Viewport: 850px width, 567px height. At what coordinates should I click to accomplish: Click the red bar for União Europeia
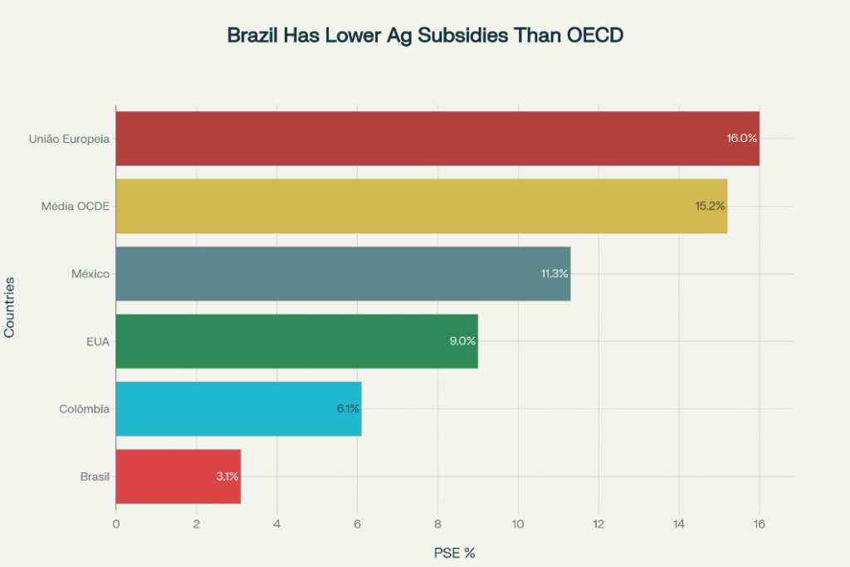pos(415,139)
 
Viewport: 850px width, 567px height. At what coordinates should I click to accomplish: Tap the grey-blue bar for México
pos(332,274)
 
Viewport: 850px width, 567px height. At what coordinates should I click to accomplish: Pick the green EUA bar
pos(291,341)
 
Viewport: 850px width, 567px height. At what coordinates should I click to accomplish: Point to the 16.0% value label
pos(741,139)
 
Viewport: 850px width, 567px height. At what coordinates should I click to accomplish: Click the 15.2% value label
pos(710,206)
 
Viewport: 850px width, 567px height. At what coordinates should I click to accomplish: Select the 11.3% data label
pos(554,274)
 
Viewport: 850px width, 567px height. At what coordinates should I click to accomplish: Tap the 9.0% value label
pos(462,341)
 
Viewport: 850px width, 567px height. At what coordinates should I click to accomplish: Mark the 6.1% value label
pos(347,408)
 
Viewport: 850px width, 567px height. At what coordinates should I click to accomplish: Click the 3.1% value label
pos(227,477)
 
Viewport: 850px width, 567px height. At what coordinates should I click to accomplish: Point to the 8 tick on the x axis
pos(437,524)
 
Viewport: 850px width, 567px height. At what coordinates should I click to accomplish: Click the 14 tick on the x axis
pos(679,524)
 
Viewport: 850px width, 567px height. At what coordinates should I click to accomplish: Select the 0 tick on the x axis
pos(116,524)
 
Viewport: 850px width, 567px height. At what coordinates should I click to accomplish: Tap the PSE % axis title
pos(454,552)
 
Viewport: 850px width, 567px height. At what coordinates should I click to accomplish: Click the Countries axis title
pos(10,306)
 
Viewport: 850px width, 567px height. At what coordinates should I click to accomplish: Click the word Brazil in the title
pos(252,36)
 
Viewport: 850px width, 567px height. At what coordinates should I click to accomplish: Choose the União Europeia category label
pos(69,139)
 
